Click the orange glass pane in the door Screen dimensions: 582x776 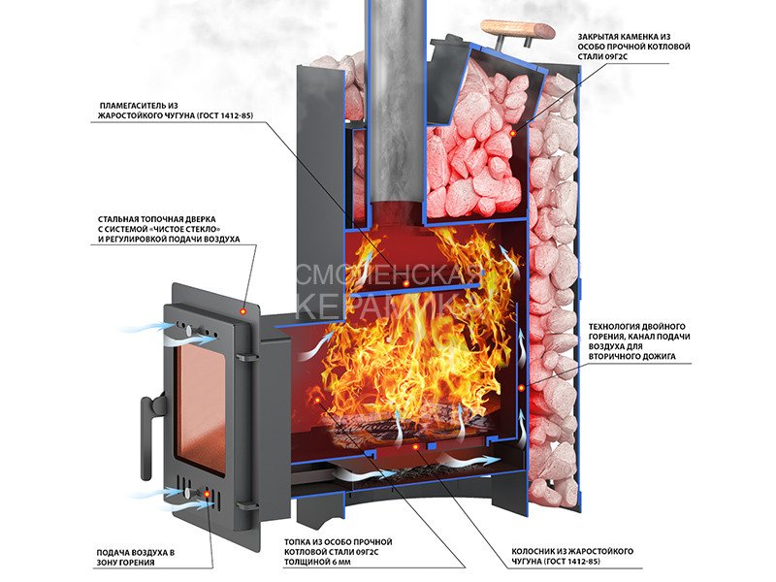[x=199, y=407]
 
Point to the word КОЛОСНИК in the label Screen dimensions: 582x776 [x=539, y=552]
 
